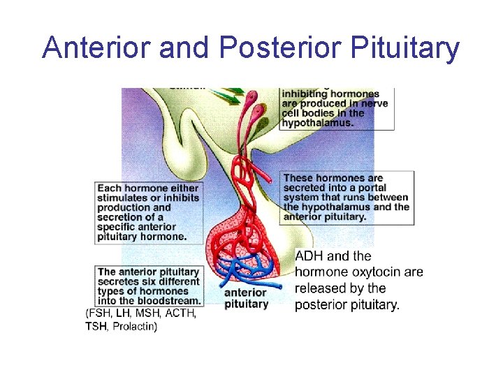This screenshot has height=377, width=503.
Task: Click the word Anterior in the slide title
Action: tap(97, 48)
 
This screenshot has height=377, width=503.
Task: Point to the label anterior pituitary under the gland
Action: tap(245, 298)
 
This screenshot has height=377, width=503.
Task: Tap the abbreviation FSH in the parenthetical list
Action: tap(101, 313)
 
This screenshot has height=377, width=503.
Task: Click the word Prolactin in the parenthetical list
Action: tap(134, 326)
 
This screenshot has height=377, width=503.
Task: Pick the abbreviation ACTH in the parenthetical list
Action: tap(180, 313)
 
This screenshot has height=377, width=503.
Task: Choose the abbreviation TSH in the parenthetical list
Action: tap(97, 326)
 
